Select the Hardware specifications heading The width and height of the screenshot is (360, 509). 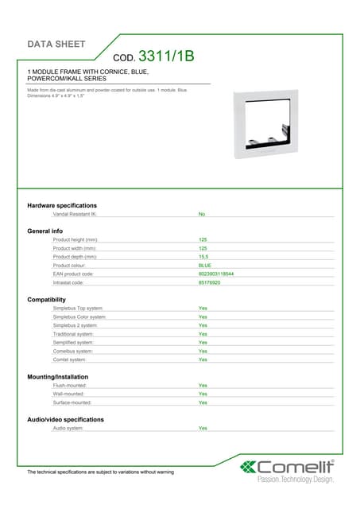62,205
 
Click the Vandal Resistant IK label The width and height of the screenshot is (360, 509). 75,214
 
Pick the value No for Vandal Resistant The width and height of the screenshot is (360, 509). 202,214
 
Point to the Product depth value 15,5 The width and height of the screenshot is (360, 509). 203,256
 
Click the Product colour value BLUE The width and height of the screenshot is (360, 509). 205,265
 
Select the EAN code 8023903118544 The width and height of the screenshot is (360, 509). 215,274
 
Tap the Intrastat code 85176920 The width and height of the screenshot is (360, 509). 210,282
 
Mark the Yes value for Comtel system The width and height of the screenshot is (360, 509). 203,359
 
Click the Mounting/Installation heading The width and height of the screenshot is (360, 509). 58,376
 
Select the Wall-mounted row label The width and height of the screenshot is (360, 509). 69,394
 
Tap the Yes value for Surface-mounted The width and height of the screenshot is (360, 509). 203,402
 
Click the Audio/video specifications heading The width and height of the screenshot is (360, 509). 65,419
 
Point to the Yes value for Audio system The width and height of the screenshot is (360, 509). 203,428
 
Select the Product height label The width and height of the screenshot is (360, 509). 75,239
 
